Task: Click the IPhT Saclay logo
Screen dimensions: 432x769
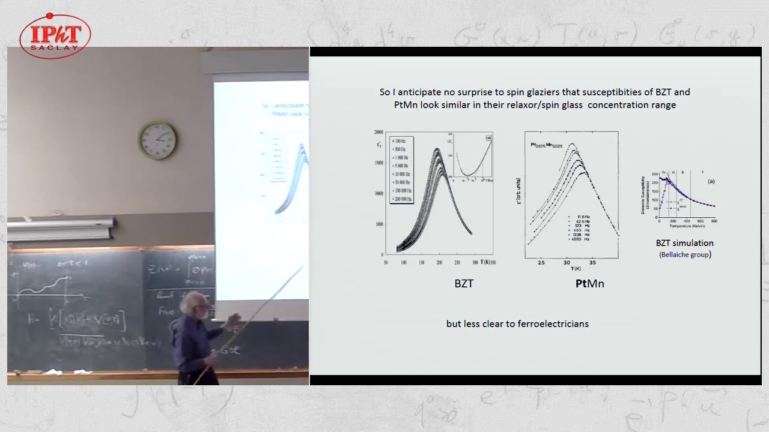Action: [x=55, y=36]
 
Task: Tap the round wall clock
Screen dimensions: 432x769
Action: [x=158, y=140]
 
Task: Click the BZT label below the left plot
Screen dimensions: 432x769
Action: [x=464, y=284]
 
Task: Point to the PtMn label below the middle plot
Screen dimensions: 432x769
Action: [x=589, y=284]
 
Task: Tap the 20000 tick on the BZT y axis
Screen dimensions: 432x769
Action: [x=378, y=132]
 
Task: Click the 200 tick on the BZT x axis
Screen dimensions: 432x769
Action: [x=439, y=263]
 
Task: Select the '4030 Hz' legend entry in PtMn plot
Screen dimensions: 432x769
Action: [x=579, y=239]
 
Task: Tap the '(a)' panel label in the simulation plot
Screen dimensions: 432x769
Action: [x=711, y=181]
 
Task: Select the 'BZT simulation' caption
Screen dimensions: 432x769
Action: [x=684, y=243]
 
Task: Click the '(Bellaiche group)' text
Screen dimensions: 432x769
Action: [x=685, y=254]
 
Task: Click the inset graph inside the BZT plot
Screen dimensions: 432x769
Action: [x=473, y=155]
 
